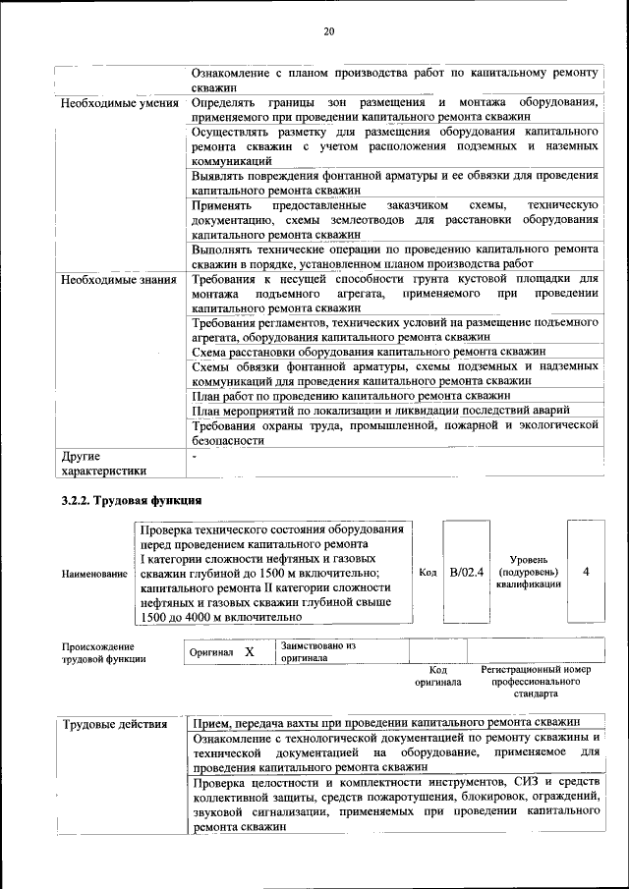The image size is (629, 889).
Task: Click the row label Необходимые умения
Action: pos(119,102)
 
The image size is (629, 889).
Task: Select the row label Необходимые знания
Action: pos(119,280)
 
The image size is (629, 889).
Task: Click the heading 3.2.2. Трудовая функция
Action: pos(132,500)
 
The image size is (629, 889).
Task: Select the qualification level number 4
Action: pos(586,572)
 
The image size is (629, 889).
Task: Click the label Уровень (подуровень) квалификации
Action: pos(529,572)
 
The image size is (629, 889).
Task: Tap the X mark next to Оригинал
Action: pos(250,652)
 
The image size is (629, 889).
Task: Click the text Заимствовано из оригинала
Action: pos(317,652)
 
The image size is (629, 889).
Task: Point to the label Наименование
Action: pos(94,573)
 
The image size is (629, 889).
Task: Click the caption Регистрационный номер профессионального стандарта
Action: pos(536,681)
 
